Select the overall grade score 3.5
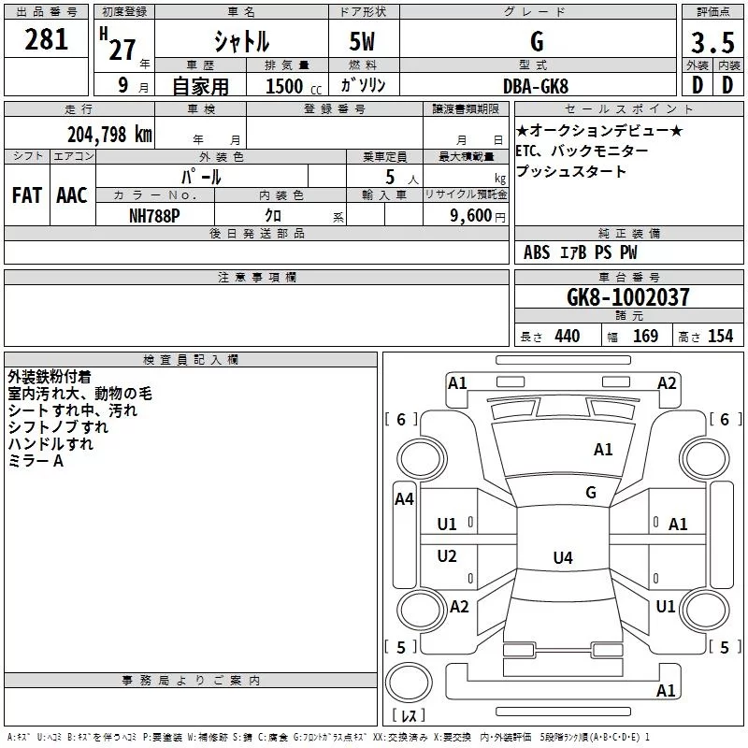712,43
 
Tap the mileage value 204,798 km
109,135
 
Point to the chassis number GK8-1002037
628,298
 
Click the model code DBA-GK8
535,85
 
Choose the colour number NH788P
155,214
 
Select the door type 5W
364,43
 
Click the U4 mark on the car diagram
562,558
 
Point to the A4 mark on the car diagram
404,499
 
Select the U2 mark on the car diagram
448,556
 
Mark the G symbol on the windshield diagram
591,492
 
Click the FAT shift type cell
26,194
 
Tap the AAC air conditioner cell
72,194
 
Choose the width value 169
645,337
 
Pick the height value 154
720,337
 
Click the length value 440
567,337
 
